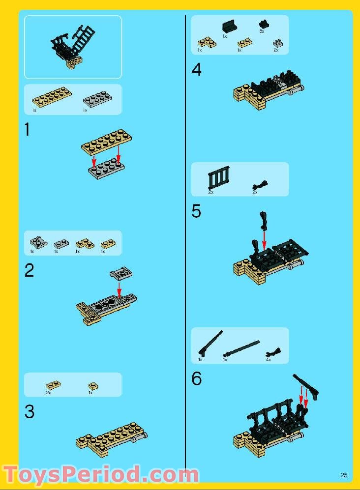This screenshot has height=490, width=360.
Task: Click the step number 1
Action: (x=28, y=129)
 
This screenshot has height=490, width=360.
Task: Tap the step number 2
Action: (x=29, y=270)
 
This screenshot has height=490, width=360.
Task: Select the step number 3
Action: (x=30, y=411)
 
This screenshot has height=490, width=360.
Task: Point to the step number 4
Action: (x=196, y=69)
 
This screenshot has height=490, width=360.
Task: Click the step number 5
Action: (x=196, y=211)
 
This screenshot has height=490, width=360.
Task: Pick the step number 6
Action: (x=196, y=378)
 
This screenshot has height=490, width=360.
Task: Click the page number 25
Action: (x=344, y=475)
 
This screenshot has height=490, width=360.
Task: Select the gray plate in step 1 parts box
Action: (x=97, y=99)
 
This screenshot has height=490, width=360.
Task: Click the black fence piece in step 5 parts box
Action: (x=219, y=177)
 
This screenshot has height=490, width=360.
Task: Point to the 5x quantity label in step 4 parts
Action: (x=262, y=31)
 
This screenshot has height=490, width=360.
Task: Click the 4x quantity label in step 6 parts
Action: (x=269, y=360)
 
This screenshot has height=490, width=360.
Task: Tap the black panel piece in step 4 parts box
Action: (x=230, y=26)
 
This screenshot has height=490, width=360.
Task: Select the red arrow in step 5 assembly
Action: (x=264, y=240)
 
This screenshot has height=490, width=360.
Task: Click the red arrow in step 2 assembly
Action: (x=119, y=289)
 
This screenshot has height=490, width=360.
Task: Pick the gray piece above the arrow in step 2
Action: (x=121, y=273)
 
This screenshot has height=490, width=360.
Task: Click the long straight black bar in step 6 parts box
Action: (x=241, y=348)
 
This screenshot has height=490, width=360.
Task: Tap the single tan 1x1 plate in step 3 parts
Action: (x=92, y=386)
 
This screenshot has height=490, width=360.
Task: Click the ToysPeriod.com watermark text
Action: (x=101, y=475)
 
